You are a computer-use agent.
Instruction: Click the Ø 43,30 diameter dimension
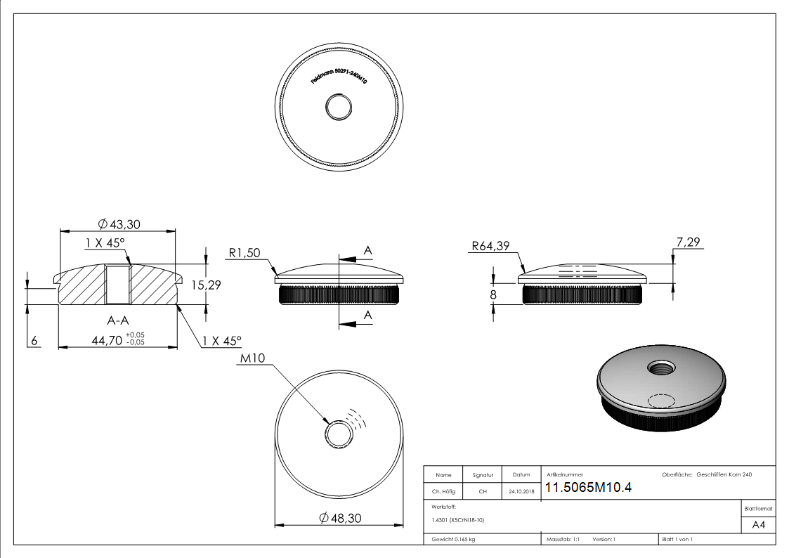[x=121, y=223]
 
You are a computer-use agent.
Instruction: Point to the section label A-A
[x=117, y=320]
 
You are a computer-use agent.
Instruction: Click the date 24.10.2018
[x=521, y=492]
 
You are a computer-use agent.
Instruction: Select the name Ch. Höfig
[x=443, y=492]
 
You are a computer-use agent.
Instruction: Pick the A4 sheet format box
[x=758, y=525]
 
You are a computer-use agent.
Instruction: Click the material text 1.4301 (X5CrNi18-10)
[x=458, y=520]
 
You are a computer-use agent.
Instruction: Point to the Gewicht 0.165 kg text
[x=454, y=539]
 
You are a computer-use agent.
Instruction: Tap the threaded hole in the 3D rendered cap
[x=660, y=367]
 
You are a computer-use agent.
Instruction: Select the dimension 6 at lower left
[x=34, y=341]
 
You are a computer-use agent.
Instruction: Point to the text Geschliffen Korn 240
[x=724, y=475]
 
